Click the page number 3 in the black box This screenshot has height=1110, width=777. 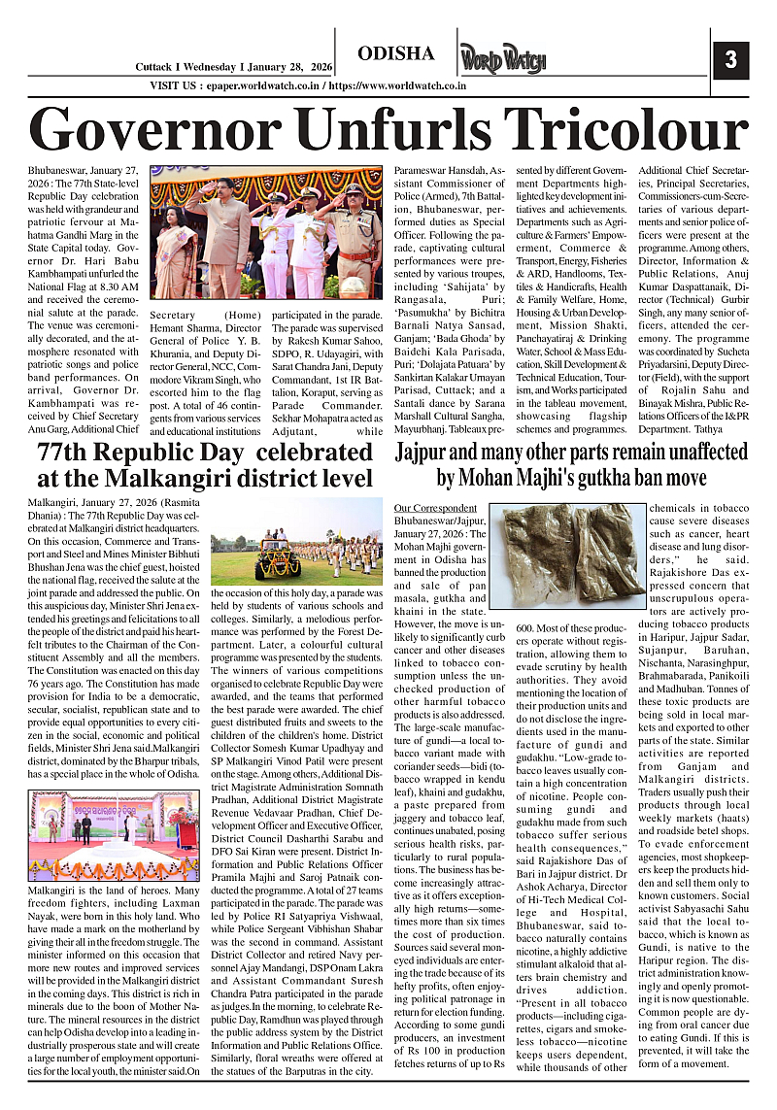tap(730, 61)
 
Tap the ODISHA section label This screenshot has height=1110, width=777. tap(395, 53)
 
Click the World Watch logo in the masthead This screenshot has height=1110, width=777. tap(503, 59)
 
